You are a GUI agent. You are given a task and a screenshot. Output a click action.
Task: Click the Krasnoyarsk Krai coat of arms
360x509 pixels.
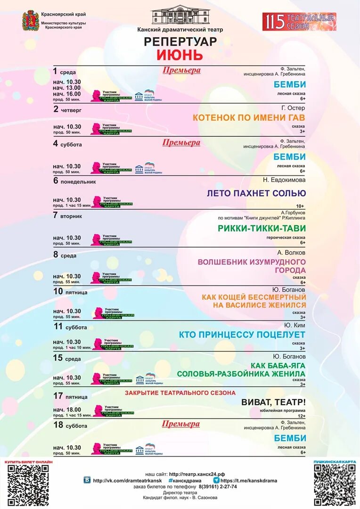point(31,21)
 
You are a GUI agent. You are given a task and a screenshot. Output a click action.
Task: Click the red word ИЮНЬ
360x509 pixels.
point(180,55)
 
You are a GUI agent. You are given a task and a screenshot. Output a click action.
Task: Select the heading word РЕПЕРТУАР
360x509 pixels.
point(180,41)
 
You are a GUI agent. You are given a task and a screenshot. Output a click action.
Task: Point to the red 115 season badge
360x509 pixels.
point(299,22)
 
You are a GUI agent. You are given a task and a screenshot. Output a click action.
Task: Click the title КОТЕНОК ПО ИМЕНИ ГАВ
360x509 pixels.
point(249,117)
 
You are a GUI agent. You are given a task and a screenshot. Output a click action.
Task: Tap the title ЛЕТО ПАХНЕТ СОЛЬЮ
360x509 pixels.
point(256,193)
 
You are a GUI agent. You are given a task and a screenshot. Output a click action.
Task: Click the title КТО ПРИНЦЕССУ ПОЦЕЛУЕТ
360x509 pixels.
point(242,335)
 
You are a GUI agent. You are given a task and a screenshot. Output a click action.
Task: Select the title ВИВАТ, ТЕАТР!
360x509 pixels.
point(273,402)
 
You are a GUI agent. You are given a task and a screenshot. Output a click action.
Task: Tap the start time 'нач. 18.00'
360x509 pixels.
point(67,410)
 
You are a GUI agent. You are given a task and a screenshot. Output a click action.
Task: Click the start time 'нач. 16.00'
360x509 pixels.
point(66,94)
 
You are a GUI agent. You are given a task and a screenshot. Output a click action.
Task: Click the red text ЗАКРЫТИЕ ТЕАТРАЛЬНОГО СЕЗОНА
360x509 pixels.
point(180,393)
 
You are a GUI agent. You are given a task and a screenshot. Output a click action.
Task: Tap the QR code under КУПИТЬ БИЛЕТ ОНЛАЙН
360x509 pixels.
point(28,485)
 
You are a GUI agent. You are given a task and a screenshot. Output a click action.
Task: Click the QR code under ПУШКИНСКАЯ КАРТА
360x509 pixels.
point(335,485)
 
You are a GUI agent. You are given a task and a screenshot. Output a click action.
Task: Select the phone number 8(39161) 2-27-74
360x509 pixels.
point(218,486)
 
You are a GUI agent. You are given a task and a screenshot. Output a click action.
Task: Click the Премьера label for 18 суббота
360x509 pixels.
point(181,424)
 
